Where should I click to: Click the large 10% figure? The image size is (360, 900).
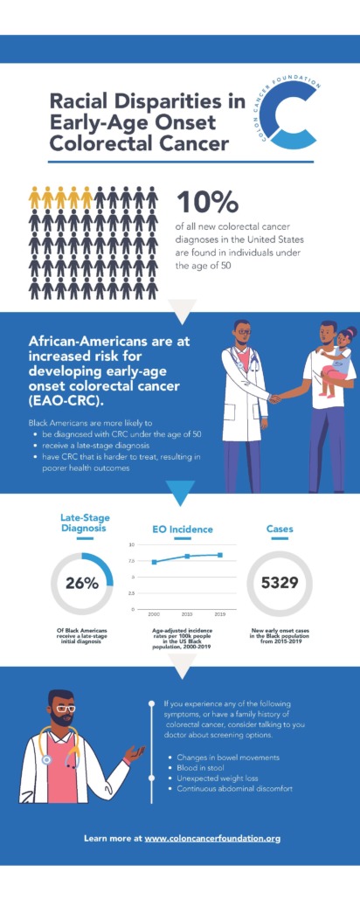[208, 201]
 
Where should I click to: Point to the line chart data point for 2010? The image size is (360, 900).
[187, 556]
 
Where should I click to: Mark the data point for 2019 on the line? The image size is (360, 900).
[219, 555]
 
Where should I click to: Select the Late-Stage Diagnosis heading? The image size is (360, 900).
[84, 523]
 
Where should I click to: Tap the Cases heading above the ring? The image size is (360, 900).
[279, 529]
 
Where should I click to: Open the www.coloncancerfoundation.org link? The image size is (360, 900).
[212, 838]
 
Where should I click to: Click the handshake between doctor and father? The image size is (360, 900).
[276, 398]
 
